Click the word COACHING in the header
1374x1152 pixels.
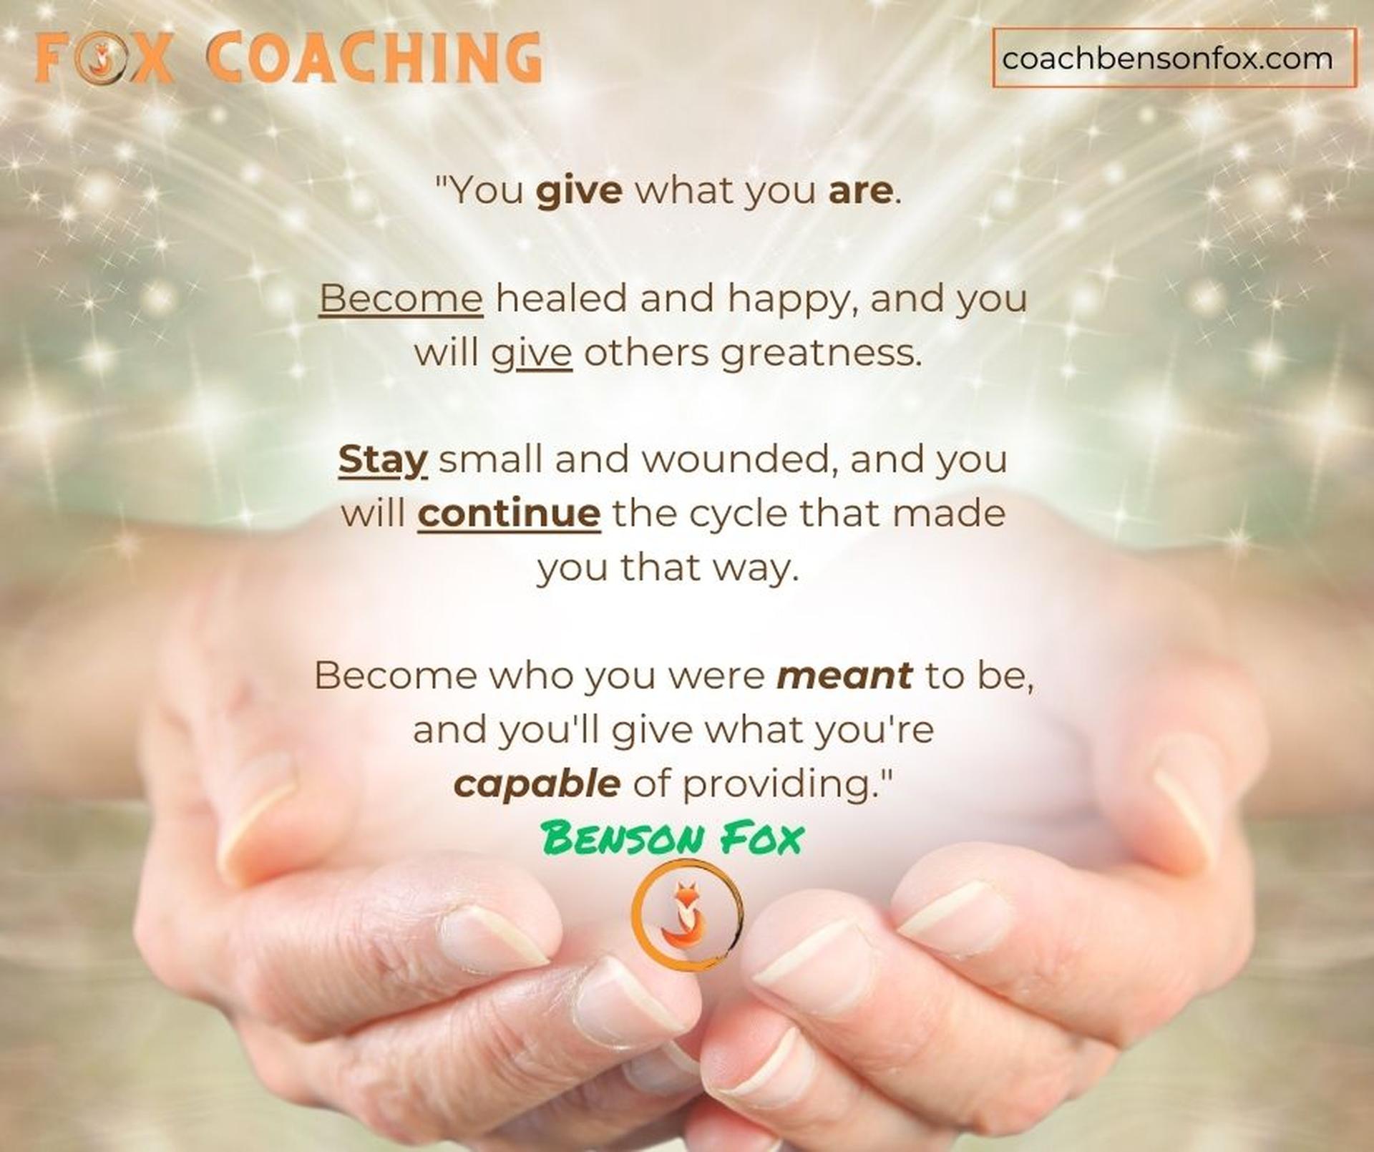[374, 57]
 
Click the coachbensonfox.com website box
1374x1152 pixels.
[1174, 58]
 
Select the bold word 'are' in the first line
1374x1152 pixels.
[861, 191]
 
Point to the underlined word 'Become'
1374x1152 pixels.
[401, 298]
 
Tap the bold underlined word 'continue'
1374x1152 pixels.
[509, 513]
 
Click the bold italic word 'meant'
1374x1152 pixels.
[844, 675]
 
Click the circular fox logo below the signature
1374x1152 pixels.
[687, 916]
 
